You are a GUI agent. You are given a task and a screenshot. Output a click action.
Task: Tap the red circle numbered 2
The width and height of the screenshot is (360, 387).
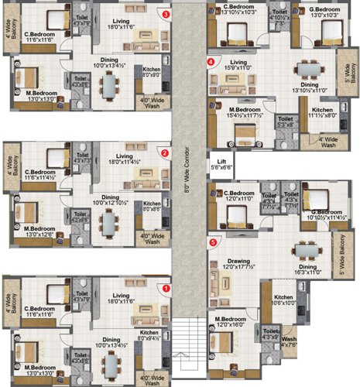(165, 152)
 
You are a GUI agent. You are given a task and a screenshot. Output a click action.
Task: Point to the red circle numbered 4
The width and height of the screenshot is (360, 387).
(211, 61)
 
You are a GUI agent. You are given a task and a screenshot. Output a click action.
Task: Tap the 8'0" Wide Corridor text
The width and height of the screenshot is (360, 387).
(187, 178)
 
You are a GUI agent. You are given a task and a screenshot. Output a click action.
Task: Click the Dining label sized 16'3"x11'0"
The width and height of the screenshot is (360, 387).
(309, 268)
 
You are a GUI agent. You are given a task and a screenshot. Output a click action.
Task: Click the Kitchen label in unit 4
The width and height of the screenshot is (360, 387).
(321, 111)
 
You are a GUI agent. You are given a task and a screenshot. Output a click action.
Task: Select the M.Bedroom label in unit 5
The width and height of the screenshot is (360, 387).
(233, 319)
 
